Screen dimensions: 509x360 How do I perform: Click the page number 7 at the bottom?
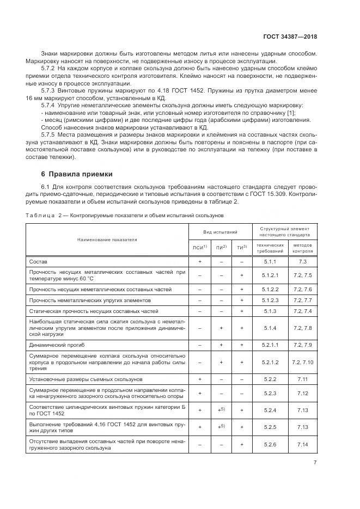pos(315,463)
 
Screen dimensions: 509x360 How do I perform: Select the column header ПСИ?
pos(199,248)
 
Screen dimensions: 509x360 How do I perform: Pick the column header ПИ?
pos(221,248)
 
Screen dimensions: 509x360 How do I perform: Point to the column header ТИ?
pos(241,248)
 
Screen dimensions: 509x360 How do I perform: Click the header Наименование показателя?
pos(107,239)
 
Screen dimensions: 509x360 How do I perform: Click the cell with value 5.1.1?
pos(271,262)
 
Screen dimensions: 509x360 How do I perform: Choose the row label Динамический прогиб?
pos(57,345)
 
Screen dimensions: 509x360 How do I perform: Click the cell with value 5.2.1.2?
pos(271,361)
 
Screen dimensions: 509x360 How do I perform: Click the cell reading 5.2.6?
pos(271,445)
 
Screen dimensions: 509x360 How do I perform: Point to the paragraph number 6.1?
pos(46,188)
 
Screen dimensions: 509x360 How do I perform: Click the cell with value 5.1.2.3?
pos(271,300)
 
